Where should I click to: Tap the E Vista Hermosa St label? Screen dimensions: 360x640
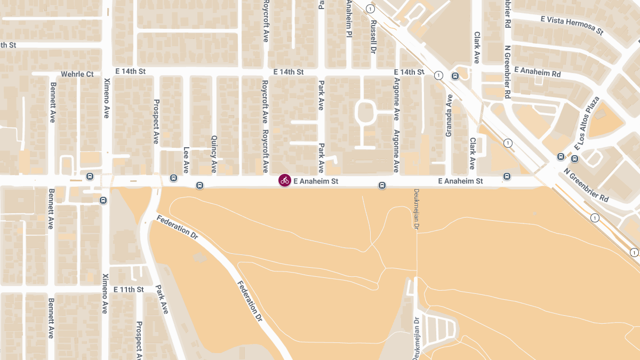(571, 25)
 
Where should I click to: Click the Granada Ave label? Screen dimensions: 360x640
(449, 115)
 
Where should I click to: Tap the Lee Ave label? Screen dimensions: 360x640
(186, 156)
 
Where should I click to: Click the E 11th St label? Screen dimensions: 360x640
(129, 290)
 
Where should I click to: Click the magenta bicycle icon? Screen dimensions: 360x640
(285, 180)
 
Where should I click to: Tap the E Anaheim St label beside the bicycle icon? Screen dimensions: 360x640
(316, 181)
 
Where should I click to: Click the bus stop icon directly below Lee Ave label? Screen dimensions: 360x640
(173, 178)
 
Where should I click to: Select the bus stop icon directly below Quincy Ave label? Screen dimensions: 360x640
(199, 186)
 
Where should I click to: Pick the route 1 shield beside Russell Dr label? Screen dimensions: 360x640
(371, 9)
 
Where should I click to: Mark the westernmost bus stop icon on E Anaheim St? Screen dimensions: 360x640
(90, 176)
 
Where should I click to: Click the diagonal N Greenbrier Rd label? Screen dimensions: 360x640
(586, 185)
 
